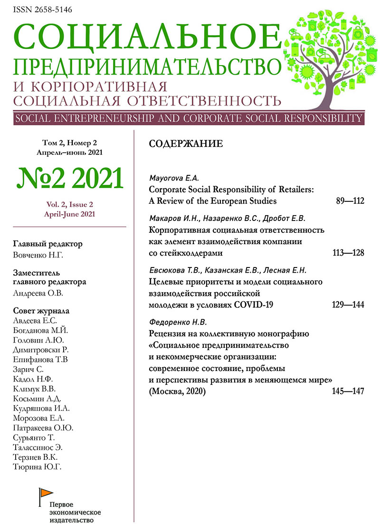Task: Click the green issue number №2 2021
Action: (70, 179)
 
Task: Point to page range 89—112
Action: (349, 201)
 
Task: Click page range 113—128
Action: (348, 253)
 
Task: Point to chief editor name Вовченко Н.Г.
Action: (37, 256)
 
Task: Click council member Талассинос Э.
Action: (37, 448)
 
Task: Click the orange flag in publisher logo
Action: (45, 492)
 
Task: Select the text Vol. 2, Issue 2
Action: (69, 205)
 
